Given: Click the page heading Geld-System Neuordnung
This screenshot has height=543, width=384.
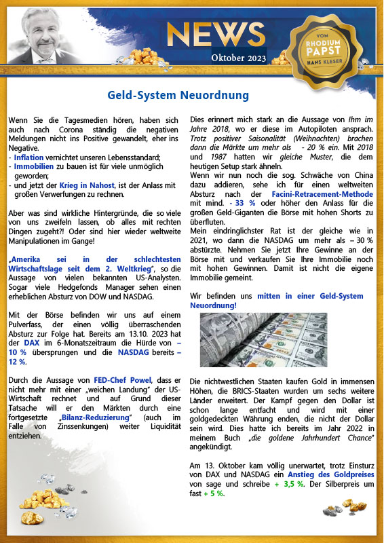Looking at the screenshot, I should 178,94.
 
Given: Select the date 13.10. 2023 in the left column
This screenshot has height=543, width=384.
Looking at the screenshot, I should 128,334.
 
